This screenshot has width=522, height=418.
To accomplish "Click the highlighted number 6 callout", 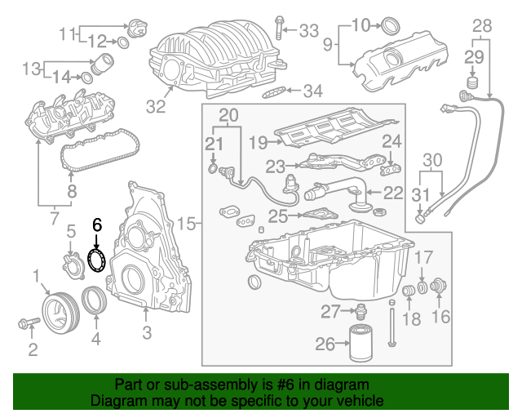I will click(97, 224).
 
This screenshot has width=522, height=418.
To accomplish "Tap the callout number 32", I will click(155, 105).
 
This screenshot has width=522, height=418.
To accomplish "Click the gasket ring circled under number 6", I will click(98, 260).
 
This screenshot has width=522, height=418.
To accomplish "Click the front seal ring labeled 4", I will click(95, 301).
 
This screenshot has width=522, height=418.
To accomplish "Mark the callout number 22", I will click(393, 193).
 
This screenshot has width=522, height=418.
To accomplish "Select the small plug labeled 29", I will click(471, 86).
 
